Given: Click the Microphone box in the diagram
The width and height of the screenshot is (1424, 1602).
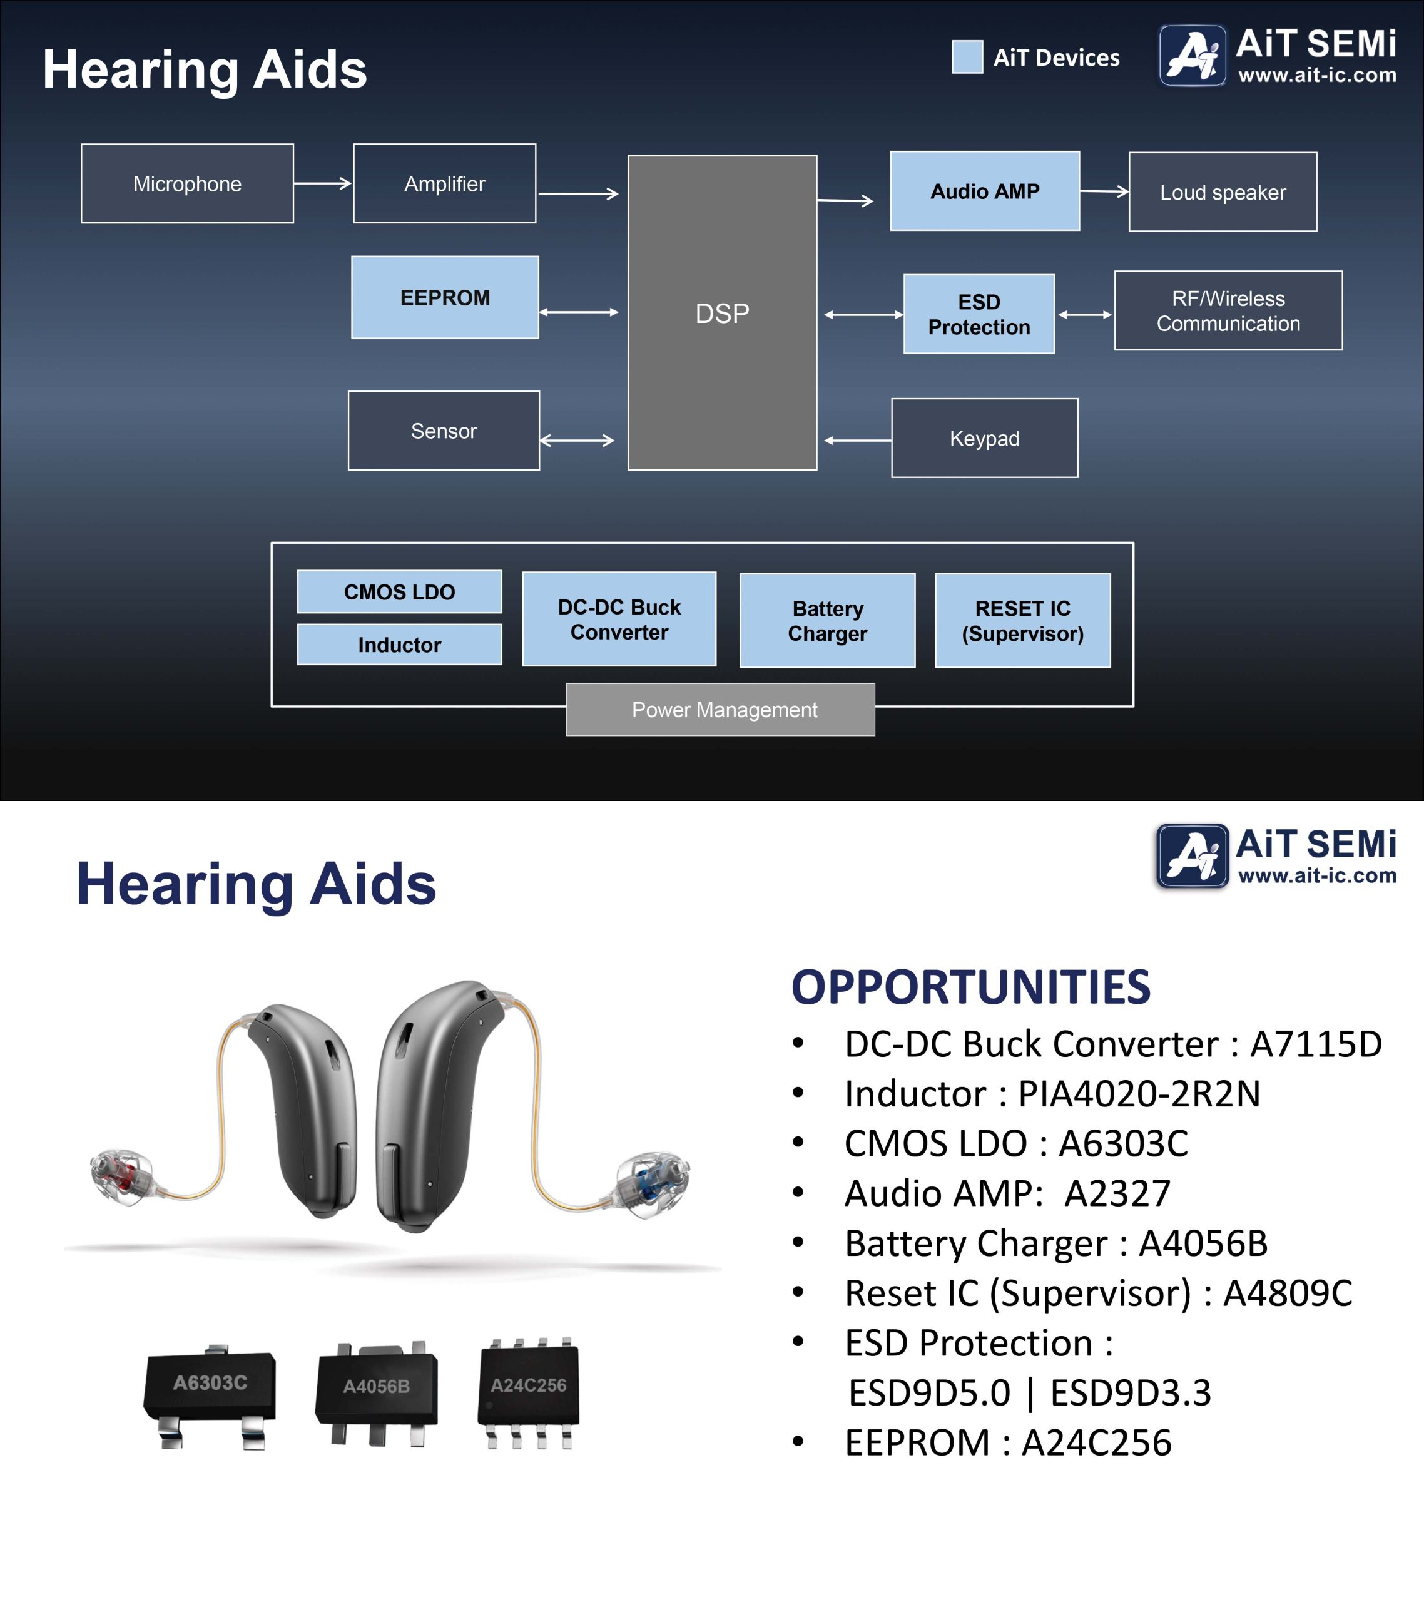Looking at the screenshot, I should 187,183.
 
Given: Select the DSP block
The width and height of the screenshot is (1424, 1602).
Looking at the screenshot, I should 722,313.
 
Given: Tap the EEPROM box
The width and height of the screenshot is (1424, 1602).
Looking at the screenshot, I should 444,298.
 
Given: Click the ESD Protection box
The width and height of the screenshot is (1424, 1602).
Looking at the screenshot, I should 979,314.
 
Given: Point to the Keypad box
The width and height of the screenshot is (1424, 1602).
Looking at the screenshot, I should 984,438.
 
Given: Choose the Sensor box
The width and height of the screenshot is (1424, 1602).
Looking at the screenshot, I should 444,431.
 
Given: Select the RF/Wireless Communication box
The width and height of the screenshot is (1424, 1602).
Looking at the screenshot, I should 1228,310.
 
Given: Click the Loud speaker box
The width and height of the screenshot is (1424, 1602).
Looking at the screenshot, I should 1223,192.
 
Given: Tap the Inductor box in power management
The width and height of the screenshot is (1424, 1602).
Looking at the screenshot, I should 399,645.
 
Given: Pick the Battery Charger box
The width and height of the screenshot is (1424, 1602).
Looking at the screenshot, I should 827,620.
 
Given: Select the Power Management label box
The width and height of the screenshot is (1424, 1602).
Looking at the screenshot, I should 720,709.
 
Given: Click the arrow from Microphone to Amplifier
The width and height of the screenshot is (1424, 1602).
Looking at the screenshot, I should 323,183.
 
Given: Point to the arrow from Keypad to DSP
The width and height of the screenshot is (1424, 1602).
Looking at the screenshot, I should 857,441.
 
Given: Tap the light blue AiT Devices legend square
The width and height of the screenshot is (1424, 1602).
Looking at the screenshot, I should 967,57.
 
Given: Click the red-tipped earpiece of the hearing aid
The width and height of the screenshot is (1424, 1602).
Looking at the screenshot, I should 121,1174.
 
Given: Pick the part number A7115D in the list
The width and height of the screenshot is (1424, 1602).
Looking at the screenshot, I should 1315,1043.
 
